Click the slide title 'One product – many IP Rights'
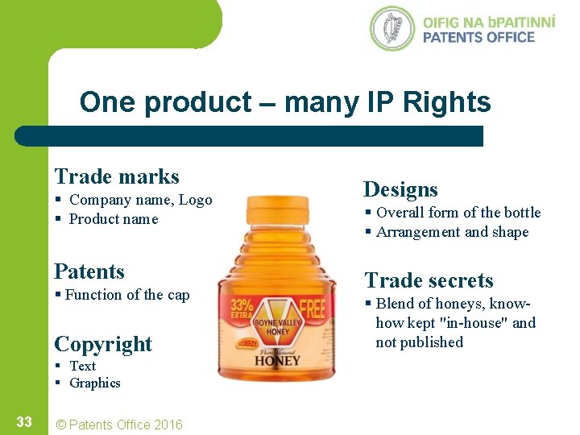[x=285, y=102]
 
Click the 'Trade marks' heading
[x=117, y=176]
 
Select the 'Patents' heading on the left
[x=89, y=271]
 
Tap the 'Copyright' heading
[x=103, y=344]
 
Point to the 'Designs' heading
[x=400, y=189]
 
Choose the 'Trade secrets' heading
[x=429, y=280]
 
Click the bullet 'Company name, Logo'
[x=140, y=200]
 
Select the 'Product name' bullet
[x=113, y=219]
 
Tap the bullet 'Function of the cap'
[x=127, y=295]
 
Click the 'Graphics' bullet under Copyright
[x=94, y=383]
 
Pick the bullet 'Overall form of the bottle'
[x=458, y=213]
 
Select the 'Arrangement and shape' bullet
[x=452, y=232]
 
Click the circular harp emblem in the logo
[x=392, y=29]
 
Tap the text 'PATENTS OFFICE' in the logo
[x=478, y=37]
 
